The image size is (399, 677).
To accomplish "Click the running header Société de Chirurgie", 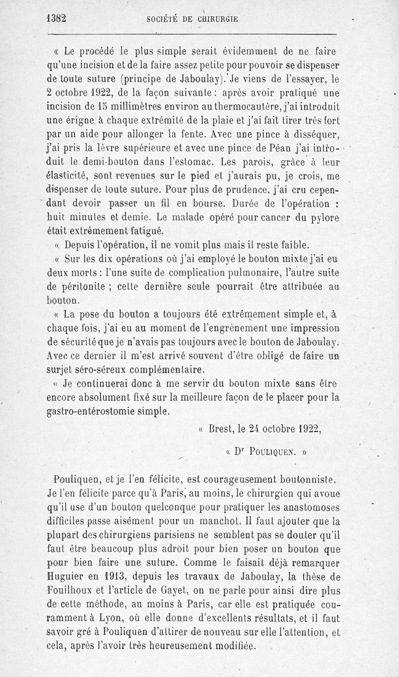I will [192, 20].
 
